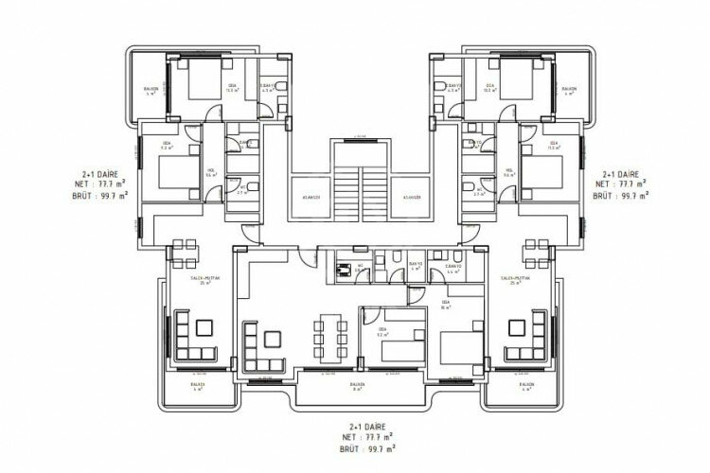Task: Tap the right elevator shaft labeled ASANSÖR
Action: (x=410, y=198)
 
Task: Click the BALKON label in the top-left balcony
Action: (x=151, y=90)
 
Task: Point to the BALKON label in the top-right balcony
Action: (x=568, y=90)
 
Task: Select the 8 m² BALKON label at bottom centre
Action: (x=356, y=386)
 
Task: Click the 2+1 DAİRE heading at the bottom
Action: (x=357, y=429)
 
